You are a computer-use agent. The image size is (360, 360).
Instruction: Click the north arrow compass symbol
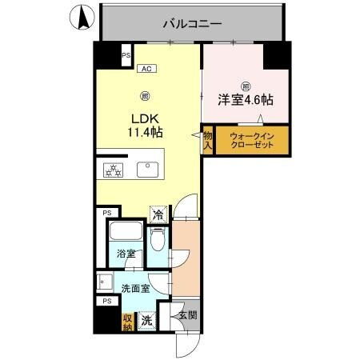pyautogui.click(x=82, y=17)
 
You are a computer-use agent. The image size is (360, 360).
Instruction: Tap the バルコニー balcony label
pyautogui.click(x=192, y=24)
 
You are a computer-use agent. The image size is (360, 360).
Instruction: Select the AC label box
pyautogui.click(x=146, y=69)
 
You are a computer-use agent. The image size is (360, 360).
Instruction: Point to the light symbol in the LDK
pyautogui.click(x=145, y=97)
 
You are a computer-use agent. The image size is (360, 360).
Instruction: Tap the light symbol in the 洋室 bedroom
pyautogui.click(x=246, y=86)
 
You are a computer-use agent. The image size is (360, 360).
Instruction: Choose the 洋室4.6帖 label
pyautogui.click(x=246, y=101)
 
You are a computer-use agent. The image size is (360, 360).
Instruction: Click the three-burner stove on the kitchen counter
pyautogui.click(x=112, y=169)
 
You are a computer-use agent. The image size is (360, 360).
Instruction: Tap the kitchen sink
pyautogui.click(x=147, y=169)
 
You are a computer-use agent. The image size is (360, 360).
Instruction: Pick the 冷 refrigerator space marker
pyautogui.click(x=158, y=214)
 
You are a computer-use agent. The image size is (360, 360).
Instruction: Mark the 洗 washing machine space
pyautogui.click(x=147, y=320)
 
